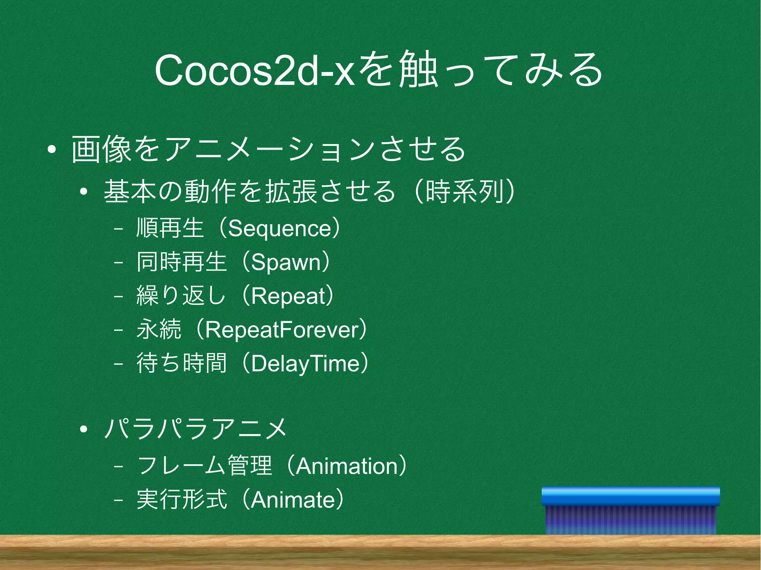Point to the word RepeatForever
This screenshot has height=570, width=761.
click(x=282, y=330)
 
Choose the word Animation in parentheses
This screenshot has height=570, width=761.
click(x=347, y=466)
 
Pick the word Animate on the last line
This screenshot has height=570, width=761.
click(x=293, y=500)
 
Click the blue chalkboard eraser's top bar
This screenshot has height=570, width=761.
click(x=631, y=496)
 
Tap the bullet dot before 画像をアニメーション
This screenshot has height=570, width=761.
click(x=52, y=150)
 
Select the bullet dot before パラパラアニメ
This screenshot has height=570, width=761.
click(x=83, y=430)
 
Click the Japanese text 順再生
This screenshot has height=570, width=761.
click(x=170, y=228)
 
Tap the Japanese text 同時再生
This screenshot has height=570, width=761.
click(x=181, y=262)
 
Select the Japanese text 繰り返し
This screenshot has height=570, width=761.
click(x=181, y=296)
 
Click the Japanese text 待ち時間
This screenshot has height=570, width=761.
click(x=181, y=364)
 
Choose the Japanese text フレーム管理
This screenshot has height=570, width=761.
click(x=204, y=466)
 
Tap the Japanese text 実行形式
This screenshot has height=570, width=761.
click(x=181, y=500)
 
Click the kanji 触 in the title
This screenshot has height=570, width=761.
click(x=417, y=71)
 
